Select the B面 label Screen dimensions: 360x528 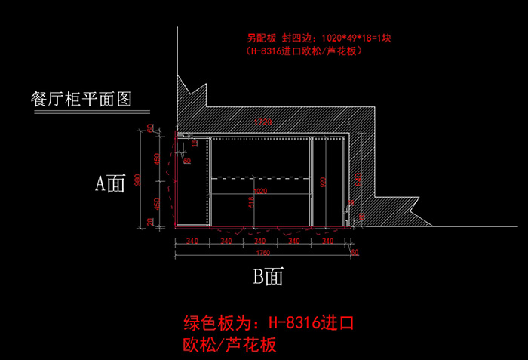268,277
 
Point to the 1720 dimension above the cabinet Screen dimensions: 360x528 262,122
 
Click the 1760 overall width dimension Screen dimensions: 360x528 262,252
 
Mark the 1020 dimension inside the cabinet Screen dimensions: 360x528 259,192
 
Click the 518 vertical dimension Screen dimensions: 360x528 251,202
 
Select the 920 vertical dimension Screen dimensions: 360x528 322,181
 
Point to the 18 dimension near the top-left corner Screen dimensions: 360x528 194,142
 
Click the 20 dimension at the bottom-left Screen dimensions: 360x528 150,221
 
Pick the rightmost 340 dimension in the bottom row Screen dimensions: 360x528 328,242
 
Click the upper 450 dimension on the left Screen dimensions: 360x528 156,158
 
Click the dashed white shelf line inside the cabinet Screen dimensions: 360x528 260,177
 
